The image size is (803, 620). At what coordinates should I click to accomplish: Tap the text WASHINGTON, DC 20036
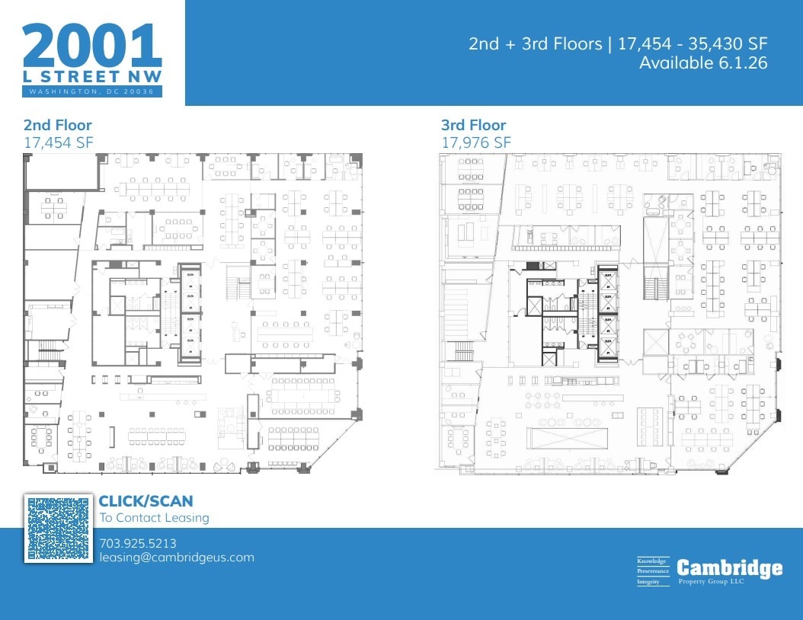pos(92,92)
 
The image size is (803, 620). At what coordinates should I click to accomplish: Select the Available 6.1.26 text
pos(702,63)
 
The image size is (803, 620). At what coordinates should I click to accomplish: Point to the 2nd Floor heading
pos(57,125)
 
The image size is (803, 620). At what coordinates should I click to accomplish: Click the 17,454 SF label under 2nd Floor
pos(58,142)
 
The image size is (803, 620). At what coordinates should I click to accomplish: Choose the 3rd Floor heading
pos(473,125)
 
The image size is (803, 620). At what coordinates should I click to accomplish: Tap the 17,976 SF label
pos(476,142)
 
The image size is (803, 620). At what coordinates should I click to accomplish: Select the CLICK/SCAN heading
pos(146,501)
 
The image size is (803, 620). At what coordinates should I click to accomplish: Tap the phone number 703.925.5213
pos(138,543)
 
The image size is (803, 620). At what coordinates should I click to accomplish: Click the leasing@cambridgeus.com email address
pos(176,558)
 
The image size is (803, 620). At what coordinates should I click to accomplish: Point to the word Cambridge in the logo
pos(729,567)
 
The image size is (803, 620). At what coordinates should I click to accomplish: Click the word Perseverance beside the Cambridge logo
pos(653,570)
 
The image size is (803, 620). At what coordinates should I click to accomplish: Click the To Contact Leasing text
pos(154,518)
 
